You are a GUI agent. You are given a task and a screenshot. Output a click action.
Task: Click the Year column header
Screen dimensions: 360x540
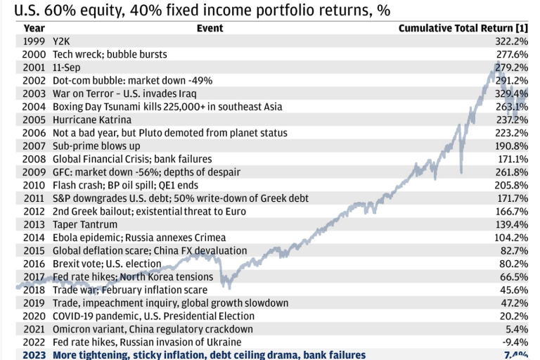pos(34,28)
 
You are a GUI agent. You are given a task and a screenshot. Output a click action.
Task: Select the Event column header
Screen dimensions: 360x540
pos(210,28)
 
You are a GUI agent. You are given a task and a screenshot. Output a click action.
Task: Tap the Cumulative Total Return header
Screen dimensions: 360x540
pos(463,28)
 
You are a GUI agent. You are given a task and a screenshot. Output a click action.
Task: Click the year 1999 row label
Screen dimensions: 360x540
pos(34,41)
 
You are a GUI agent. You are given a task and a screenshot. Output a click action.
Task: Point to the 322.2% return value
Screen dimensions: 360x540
pos(511,41)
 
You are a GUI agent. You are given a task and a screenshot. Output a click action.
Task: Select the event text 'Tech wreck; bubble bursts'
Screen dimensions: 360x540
pos(110,54)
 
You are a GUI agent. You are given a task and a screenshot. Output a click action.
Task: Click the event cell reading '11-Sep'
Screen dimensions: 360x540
pos(67,67)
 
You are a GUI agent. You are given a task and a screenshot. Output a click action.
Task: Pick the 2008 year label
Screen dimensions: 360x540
pos(34,160)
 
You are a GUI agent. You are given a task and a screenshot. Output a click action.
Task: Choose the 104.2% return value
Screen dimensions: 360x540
pos(511,238)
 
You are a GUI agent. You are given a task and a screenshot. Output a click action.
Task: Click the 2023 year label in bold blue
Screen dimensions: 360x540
pos(34,356)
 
